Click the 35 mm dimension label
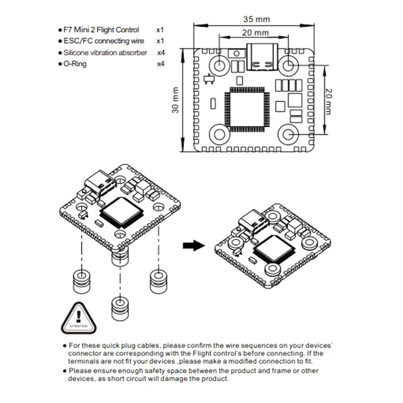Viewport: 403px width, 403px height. coord(256,19)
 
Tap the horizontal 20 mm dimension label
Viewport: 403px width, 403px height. coord(254,33)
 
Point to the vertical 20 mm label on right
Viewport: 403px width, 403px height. coord(329,101)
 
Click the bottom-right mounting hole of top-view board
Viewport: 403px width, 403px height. coord(289,134)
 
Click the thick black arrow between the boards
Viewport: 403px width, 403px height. coord(193,245)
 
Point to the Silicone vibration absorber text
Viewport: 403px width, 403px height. coord(105,52)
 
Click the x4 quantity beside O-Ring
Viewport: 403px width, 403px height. coord(161,64)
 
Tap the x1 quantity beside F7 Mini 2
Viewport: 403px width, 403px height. coord(161,30)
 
